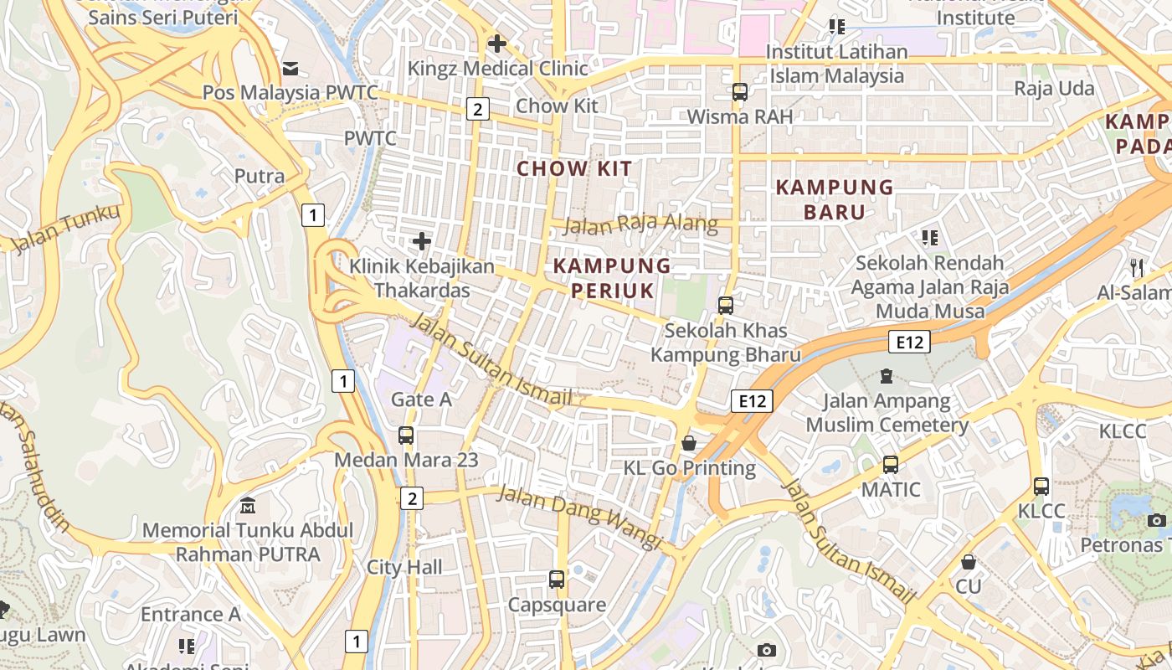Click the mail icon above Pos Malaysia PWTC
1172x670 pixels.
pyautogui.click(x=290, y=68)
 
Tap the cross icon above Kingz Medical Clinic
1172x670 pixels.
pyautogui.click(x=497, y=43)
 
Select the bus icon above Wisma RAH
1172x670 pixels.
pyautogui.click(x=739, y=92)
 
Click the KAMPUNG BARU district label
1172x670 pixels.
pyautogui.click(x=835, y=199)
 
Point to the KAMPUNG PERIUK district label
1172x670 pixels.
pyautogui.click(x=612, y=278)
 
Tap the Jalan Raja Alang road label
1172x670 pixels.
pyautogui.click(x=640, y=224)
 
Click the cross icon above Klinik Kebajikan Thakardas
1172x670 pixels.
pyautogui.click(x=422, y=242)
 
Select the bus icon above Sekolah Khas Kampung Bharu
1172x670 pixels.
pyautogui.click(x=726, y=306)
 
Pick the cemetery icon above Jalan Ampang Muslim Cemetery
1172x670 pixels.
pyautogui.click(x=887, y=376)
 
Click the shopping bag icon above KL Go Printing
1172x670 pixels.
pyautogui.click(x=689, y=442)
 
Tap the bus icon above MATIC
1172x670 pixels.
pyautogui.click(x=890, y=464)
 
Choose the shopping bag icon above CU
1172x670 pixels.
pyautogui.click(x=969, y=561)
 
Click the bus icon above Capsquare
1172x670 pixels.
pyautogui.click(x=557, y=579)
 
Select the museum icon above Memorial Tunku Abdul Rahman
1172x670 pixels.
pyautogui.click(x=248, y=506)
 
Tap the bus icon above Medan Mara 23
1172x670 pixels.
pyautogui.click(x=406, y=435)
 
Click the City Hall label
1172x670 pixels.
pyautogui.click(x=404, y=567)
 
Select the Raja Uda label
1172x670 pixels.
pyautogui.click(x=1054, y=88)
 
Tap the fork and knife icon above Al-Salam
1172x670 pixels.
pyautogui.click(x=1136, y=267)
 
